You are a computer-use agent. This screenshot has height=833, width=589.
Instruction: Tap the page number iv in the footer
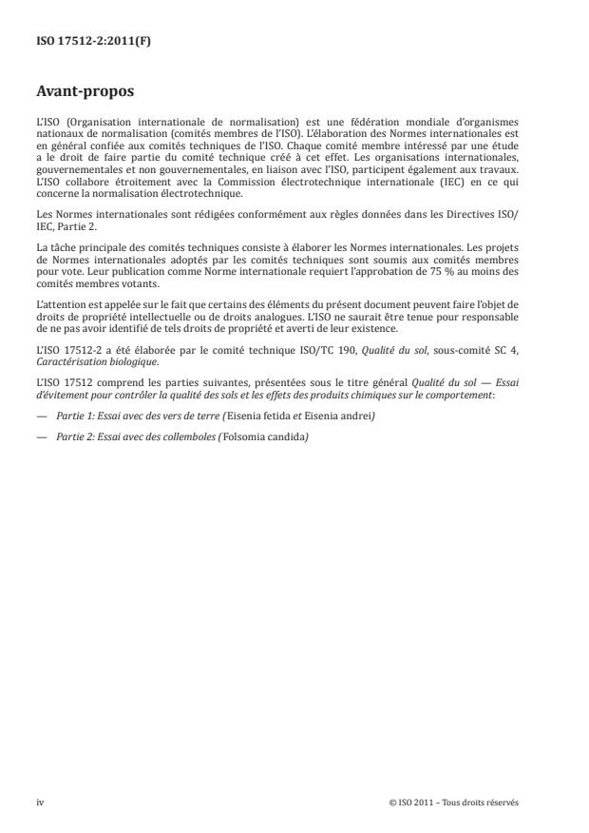click(40, 802)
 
